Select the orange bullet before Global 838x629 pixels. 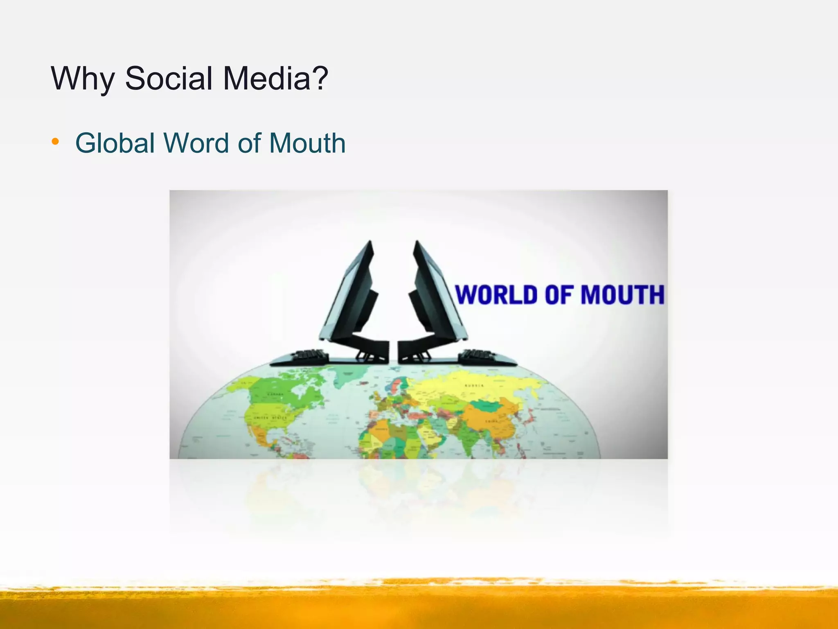[55, 142]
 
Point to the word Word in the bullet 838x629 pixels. [197, 143]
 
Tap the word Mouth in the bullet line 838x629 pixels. [307, 143]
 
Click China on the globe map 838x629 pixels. [491, 422]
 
